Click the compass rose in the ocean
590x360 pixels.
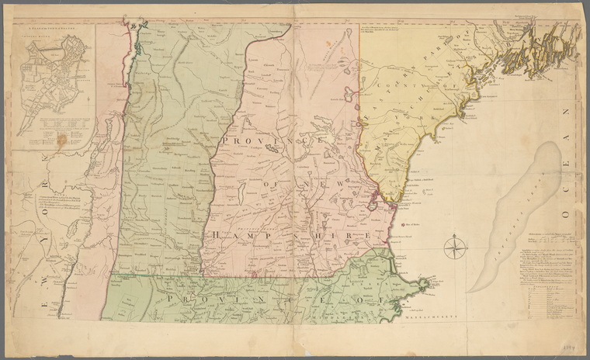(455, 248)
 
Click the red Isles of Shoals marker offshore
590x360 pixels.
(403, 226)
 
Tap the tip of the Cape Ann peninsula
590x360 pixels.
(425, 282)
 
